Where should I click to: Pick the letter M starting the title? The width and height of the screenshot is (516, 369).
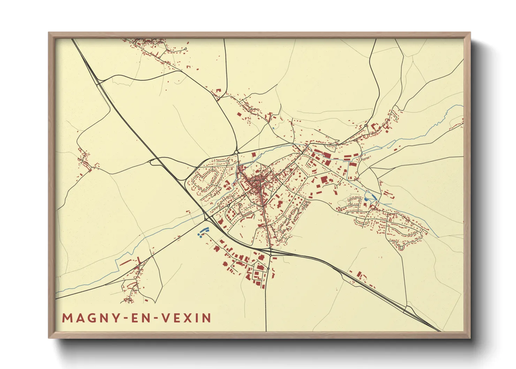point(66,318)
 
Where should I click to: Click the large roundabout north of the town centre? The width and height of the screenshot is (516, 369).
point(236,152)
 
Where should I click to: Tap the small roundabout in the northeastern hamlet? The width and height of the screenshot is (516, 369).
point(365,126)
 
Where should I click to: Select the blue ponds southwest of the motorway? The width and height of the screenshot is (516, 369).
point(203,232)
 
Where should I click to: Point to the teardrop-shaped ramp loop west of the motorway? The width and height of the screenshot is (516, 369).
point(153,161)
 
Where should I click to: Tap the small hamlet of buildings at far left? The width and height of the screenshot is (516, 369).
point(85,161)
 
